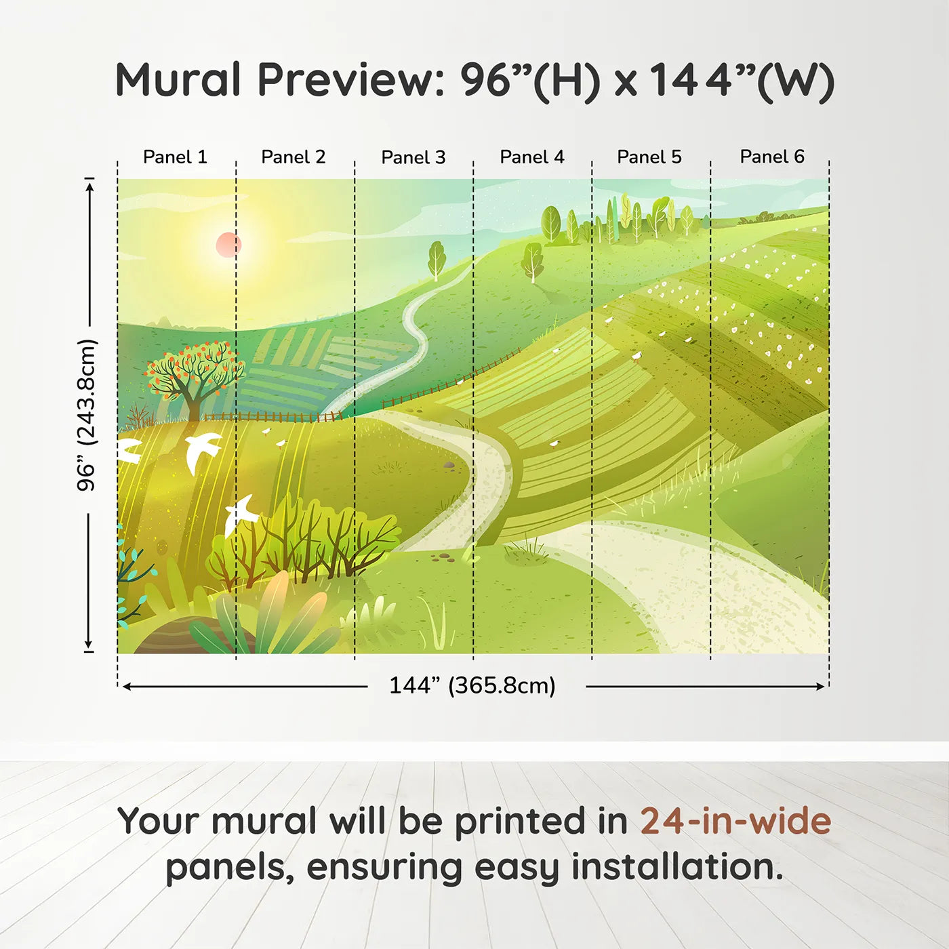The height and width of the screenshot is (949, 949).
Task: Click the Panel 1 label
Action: point(175,157)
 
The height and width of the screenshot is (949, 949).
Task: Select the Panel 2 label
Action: point(293,157)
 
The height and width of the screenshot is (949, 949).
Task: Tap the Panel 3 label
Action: point(413,157)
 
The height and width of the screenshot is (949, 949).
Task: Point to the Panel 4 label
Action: point(532,157)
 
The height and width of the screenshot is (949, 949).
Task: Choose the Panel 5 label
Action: point(649,157)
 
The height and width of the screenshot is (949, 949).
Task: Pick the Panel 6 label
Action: point(771,157)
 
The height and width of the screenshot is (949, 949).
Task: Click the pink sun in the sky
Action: point(228,244)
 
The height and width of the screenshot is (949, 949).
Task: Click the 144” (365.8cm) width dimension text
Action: point(472,685)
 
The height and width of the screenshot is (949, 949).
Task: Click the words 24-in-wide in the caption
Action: point(735,822)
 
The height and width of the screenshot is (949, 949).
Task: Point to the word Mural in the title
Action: point(178,80)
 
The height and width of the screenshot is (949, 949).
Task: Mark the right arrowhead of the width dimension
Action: point(820,687)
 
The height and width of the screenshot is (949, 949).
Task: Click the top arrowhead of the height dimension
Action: point(89,188)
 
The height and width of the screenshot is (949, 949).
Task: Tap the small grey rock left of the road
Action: point(449,464)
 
